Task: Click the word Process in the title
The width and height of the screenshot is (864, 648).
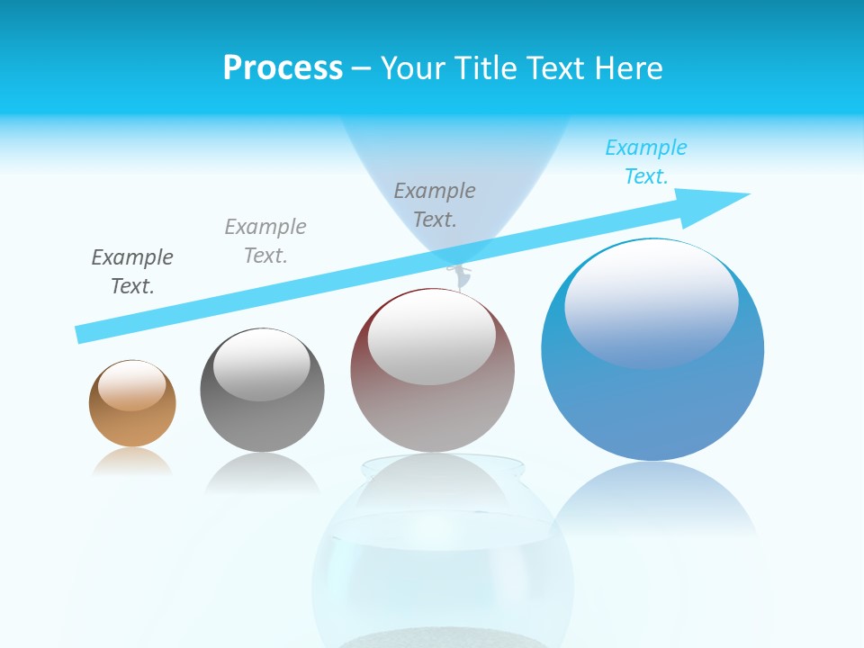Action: click(283, 67)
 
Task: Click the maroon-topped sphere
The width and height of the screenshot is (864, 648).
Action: click(432, 405)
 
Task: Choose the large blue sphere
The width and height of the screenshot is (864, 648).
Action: click(652, 396)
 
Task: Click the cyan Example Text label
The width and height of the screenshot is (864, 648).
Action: click(645, 162)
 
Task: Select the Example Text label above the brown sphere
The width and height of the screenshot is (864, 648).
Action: click(132, 272)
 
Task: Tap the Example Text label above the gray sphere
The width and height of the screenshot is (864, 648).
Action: click(265, 241)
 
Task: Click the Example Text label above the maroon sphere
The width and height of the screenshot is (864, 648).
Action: click(435, 204)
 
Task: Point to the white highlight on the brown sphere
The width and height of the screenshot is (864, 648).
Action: click(132, 385)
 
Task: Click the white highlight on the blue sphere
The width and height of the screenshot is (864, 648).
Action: click(651, 301)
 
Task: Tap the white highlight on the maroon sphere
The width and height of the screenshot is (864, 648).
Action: click(431, 335)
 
